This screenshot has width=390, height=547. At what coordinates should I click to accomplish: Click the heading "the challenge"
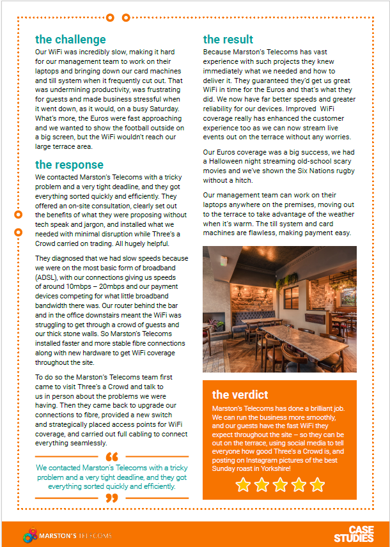click(x=70, y=40)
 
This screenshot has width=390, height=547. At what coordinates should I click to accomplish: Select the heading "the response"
click(x=69, y=165)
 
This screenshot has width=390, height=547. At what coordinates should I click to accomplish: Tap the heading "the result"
click(x=228, y=40)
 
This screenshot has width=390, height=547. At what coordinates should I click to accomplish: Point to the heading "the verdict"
click(x=240, y=394)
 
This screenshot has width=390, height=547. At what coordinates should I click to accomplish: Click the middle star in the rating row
click(x=280, y=485)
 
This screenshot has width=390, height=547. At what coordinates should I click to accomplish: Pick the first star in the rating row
click(x=243, y=485)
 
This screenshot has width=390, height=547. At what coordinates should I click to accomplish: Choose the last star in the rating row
click(x=317, y=485)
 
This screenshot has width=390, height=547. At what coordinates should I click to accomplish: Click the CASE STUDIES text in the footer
click(x=361, y=534)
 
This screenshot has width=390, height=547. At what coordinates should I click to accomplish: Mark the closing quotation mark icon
click(x=111, y=497)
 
